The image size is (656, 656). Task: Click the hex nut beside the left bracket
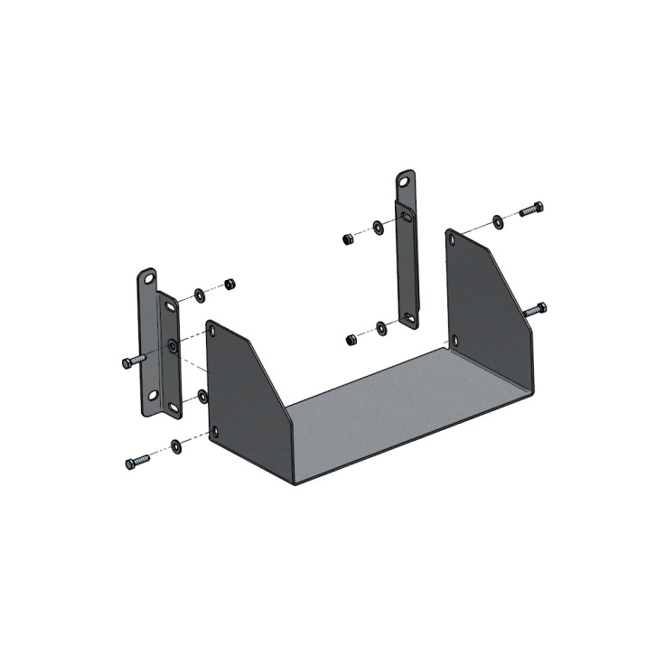click(x=230, y=284)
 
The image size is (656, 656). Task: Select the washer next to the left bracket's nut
click(x=199, y=294)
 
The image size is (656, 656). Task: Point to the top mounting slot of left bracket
click(x=147, y=278)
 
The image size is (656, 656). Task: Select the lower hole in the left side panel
click(x=215, y=431)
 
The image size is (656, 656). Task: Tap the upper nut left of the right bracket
click(x=347, y=239)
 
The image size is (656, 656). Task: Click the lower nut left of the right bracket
click(x=351, y=340)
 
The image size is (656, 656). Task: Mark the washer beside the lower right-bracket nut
click(x=381, y=327)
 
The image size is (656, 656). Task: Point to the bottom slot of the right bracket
click(x=410, y=317)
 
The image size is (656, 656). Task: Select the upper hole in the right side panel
click(x=451, y=240)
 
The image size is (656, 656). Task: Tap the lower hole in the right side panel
click(x=455, y=340)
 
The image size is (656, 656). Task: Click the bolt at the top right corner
click(x=531, y=210)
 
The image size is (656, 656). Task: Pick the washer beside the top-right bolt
click(x=499, y=220)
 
